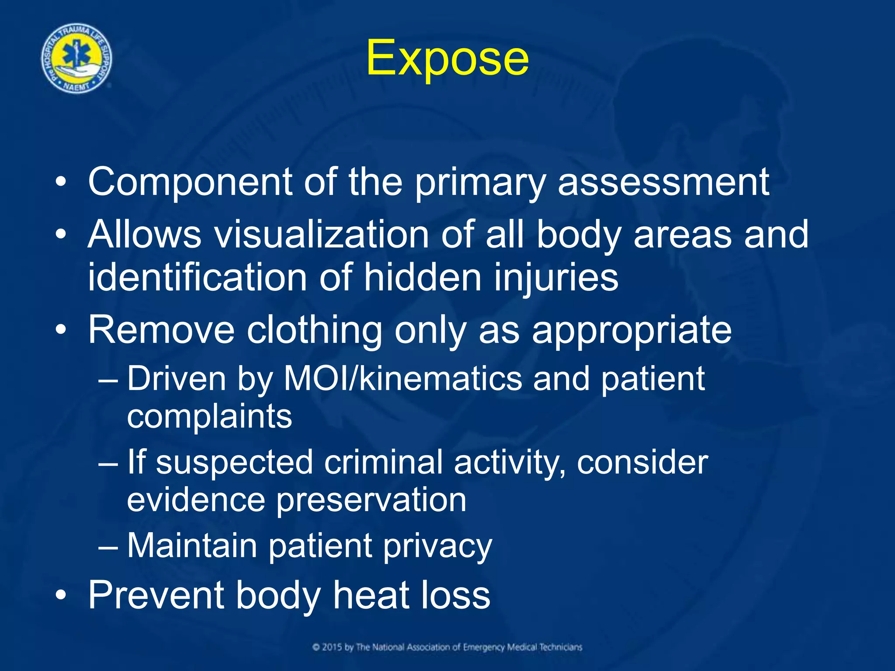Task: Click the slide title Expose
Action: (447, 59)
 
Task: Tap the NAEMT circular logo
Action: (76, 59)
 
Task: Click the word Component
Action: (190, 182)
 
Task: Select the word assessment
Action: (663, 182)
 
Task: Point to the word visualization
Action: (321, 235)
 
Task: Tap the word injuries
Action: (556, 278)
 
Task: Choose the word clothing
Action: (315, 330)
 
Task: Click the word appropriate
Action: (631, 331)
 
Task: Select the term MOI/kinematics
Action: (402, 379)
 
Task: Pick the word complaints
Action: (209, 417)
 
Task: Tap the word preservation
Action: (371, 501)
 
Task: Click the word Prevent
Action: (156, 595)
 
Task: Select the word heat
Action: (371, 595)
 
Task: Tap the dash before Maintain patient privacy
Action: (108, 546)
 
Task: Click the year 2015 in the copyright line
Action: (332, 647)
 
